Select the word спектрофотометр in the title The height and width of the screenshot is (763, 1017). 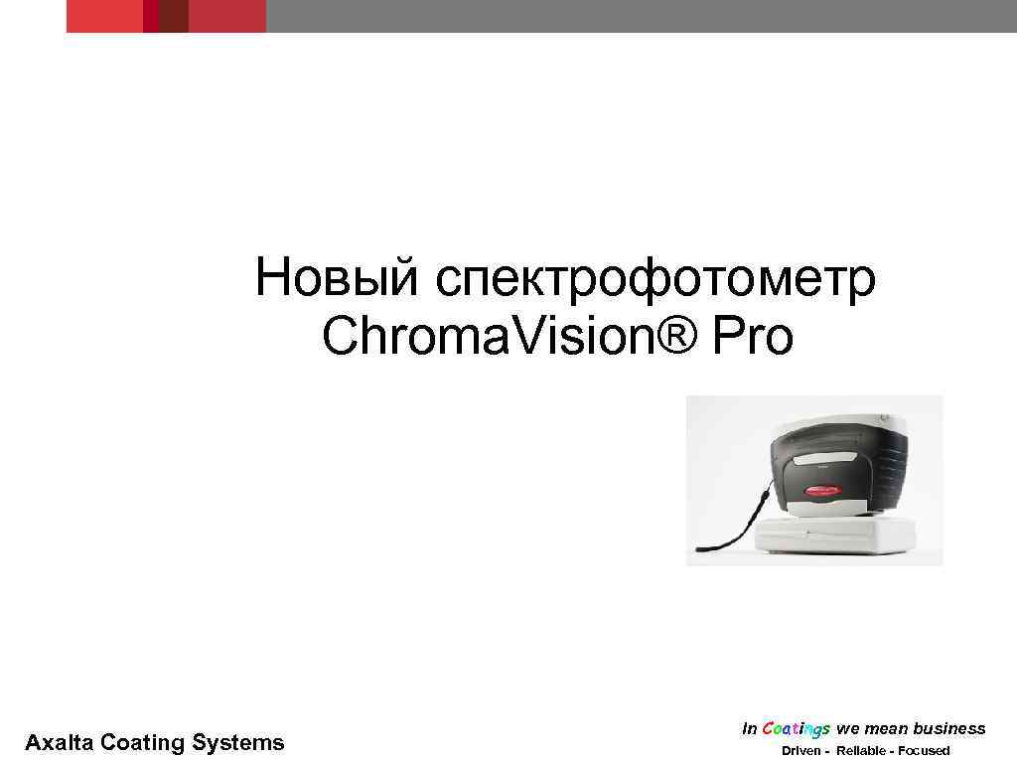(654, 280)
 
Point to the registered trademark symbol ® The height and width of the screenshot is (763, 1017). (674, 336)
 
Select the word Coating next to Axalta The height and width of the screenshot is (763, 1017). (143, 742)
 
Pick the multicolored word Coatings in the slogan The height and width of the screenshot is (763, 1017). (797, 729)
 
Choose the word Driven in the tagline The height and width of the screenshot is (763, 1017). (800, 750)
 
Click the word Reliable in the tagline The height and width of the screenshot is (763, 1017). (860, 750)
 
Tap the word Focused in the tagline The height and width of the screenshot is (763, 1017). (923, 750)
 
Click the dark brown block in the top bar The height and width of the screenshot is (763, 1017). (174, 16)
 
